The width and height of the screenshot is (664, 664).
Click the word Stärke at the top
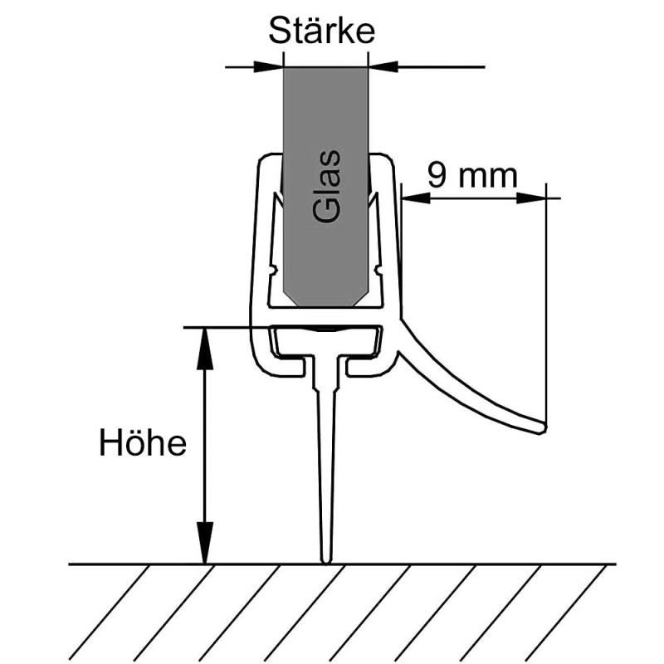click(321, 32)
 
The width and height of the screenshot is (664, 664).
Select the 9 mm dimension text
click(471, 175)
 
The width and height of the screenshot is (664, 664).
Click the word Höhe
click(143, 442)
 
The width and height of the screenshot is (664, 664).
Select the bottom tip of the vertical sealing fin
click(326, 560)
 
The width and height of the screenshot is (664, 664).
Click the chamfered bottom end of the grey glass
click(325, 299)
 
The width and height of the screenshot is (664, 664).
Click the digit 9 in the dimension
click(437, 175)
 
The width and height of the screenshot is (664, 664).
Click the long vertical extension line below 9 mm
click(547, 315)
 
